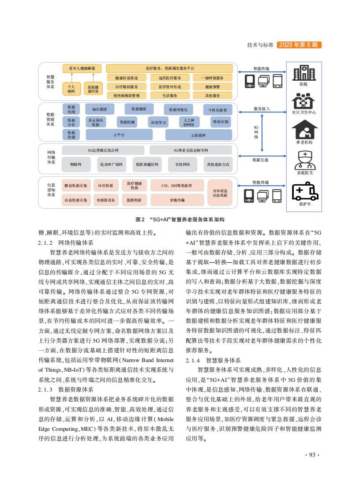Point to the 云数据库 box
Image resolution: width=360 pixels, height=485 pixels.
click(x=198, y=135)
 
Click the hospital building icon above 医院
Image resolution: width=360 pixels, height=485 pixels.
click(x=304, y=73)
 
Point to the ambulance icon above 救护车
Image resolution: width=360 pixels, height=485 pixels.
click(x=304, y=194)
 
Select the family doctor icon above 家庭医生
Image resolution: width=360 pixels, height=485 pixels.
click(x=304, y=160)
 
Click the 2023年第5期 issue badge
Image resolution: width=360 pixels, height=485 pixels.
click(x=299, y=45)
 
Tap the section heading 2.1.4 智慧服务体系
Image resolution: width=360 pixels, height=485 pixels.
click(x=213, y=360)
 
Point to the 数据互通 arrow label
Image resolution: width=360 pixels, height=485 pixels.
click(x=260, y=160)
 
